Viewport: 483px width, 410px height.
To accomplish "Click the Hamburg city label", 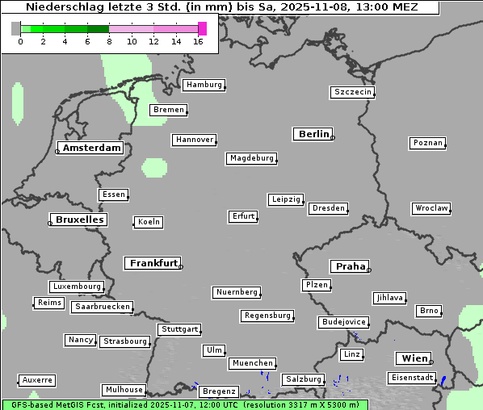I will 204,85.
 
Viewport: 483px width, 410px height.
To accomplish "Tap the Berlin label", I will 313,134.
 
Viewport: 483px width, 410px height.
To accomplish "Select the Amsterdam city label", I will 91,148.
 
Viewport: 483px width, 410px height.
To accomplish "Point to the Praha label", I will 351,266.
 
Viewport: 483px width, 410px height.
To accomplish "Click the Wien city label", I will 414,358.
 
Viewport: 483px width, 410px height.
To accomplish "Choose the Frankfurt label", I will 153,263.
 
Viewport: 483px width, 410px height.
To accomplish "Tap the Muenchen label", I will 253,364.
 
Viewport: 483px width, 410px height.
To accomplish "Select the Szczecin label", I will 353,92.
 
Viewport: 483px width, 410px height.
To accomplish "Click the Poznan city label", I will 427,143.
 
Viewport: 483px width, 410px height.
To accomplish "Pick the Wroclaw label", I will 431,208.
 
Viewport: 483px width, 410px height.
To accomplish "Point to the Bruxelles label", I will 78,220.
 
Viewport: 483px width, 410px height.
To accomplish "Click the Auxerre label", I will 37,379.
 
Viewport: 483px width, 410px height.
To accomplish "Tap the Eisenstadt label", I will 411,378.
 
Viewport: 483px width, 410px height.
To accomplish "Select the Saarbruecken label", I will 102,307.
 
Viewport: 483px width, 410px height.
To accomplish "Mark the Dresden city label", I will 329,208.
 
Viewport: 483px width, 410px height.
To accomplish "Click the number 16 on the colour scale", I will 199,41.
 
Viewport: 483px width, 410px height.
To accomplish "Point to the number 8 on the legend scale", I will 109,41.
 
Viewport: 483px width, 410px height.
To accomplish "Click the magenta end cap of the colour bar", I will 202,28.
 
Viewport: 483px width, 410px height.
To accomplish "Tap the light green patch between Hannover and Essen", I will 153,168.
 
